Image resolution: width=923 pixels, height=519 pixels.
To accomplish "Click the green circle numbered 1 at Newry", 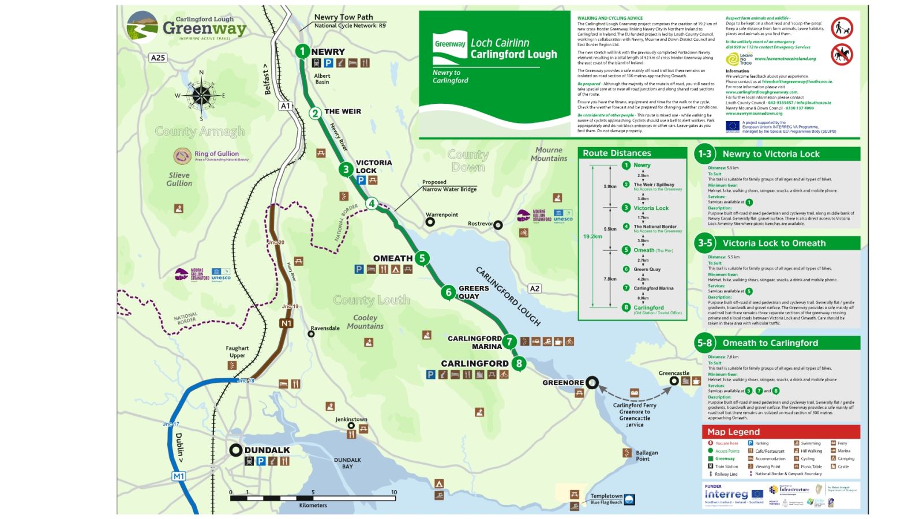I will [x=302, y=51].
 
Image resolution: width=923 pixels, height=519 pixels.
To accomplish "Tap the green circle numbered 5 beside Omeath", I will [x=422, y=258].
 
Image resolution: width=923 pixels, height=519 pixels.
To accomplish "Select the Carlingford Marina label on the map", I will [x=474, y=343].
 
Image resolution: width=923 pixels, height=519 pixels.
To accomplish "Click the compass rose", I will [x=201, y=96].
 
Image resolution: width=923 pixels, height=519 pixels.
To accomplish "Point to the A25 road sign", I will [x=157, y=58].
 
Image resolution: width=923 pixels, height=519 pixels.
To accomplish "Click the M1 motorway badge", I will [x=179, y=476].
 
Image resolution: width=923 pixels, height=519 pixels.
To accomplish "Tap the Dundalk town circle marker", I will [x=235, y=450].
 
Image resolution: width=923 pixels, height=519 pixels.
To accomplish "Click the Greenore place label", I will [x=563, y=382].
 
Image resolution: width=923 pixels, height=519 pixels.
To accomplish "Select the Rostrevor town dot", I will [x=498, y=225].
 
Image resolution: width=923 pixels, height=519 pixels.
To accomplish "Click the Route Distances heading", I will [x=617, y=153].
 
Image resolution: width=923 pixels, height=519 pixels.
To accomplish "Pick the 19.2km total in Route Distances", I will [x=592, y=236].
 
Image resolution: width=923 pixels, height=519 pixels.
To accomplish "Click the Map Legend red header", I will [x=781, y=432].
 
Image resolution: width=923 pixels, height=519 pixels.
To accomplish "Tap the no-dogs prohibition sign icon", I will [x=842, y=28].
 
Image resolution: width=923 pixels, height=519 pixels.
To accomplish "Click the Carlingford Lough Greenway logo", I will [x=186, y=28].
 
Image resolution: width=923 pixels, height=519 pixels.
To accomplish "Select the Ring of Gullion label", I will [x=216, y=154].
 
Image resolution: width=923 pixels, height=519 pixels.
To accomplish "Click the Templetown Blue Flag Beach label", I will [x=606, y=499].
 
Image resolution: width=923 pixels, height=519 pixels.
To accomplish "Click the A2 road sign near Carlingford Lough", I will [x=535, y=288].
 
